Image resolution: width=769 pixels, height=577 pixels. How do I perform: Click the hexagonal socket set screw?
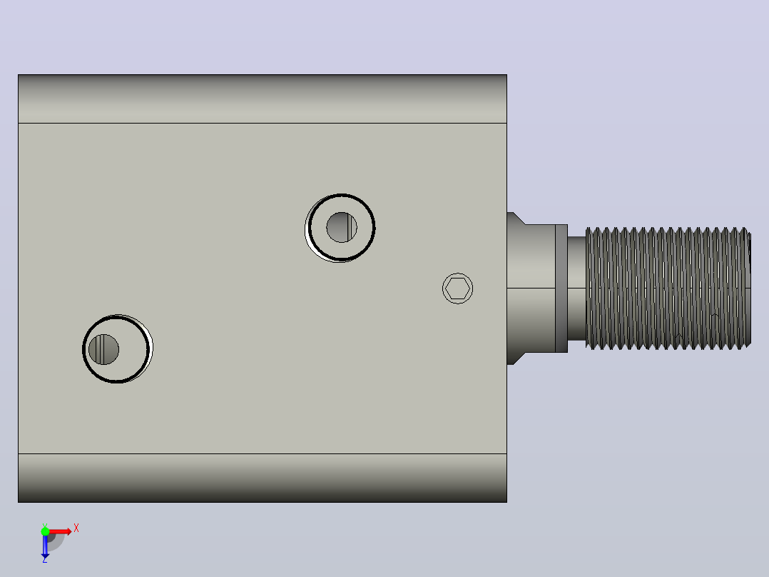(x=457, y=288)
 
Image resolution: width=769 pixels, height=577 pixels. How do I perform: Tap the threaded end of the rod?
(x=668, y=288)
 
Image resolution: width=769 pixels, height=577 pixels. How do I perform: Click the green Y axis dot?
(x=45, y=531)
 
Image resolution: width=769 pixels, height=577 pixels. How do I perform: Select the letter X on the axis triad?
(x=76, y=528)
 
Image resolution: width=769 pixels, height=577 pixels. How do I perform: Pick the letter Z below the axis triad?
(x=45, y=559)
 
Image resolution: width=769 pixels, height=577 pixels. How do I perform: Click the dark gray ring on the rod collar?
(x=561, y=288)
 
